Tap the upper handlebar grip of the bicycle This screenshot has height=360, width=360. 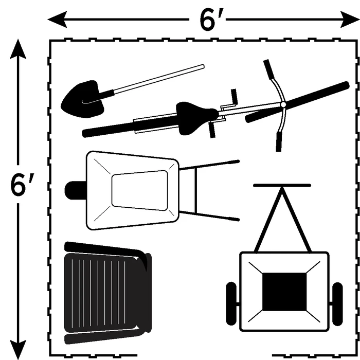coord(267,69)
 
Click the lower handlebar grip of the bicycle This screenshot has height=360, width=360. coord(279,141)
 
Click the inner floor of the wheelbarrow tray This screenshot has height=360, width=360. coord(139,190)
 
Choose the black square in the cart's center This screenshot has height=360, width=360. coord(284,292)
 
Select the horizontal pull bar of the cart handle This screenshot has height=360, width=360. coord(282,185)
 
